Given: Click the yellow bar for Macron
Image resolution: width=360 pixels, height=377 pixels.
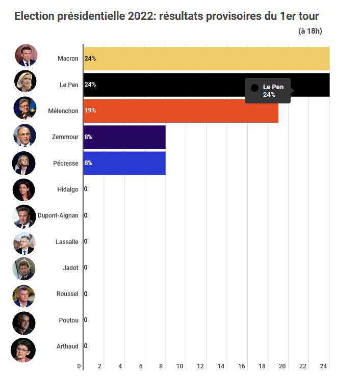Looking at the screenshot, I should (207, 59).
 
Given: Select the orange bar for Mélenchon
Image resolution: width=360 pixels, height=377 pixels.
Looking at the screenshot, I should (181, 111).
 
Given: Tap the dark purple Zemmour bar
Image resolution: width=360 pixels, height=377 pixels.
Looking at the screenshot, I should (124, 137).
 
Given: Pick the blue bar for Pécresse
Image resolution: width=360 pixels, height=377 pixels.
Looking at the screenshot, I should (124, 163).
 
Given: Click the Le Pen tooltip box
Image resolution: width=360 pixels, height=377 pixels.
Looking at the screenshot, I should (268, 91).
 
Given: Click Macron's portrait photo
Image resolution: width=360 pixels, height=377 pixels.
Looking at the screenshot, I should (25, 56).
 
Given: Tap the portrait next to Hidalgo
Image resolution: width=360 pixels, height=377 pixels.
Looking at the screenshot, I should (24, 190).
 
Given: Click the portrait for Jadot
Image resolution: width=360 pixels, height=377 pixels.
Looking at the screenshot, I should (24, 268).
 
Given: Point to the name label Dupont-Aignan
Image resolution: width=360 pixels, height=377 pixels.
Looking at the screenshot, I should (58, 216).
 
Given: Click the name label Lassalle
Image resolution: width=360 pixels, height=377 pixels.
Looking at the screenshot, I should (67, 241).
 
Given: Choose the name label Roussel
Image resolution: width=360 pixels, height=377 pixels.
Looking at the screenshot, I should (67, 294).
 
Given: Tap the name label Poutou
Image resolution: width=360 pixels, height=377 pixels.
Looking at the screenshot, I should (68, 320).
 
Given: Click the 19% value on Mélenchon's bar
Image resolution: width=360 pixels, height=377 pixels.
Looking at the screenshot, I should (90, 111).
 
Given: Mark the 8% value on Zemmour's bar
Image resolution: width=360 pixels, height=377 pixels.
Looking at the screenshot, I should (88, 137).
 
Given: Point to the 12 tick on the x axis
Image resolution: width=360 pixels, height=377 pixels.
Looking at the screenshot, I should (200, 366).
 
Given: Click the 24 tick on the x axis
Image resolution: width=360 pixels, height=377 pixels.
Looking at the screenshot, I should (323, 366).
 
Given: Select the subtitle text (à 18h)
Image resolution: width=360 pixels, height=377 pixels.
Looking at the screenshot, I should (310, 32).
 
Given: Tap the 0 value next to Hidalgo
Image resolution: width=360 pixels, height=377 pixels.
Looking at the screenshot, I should (86, 190).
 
